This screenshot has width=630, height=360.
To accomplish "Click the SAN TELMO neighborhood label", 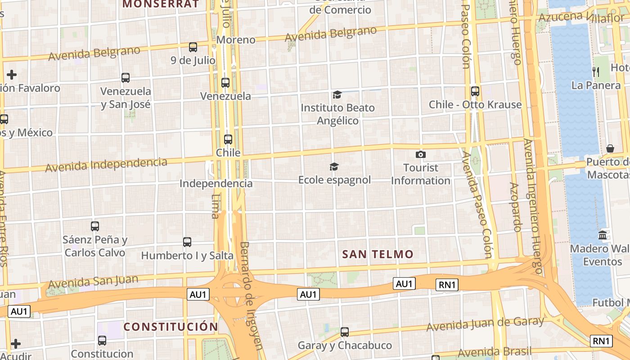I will pyautogui.click(x=378, y=254).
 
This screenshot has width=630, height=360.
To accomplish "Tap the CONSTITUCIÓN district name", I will pyautogui.click(x=171, y=327).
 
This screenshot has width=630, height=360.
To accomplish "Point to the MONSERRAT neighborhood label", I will pyautogui.click(x=161, y=4).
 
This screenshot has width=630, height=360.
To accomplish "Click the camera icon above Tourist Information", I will pyautogui.click(x=421, y=154).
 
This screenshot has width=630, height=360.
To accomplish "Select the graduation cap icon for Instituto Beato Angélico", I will pyautogui.click(x=337, y=94).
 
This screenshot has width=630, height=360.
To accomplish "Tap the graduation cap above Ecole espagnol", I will pyautogui.click(x=334, y=167).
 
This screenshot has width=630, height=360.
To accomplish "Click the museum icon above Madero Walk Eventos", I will pyautogui.click(x=603, y=235).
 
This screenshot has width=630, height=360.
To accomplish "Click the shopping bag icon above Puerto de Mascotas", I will pyautogui.click(x=610, y=148).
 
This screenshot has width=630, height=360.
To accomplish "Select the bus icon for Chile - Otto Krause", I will pyautogui.click(x=475, y=91).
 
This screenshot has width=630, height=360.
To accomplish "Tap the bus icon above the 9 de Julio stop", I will pyautogui.click(x=193, y=47).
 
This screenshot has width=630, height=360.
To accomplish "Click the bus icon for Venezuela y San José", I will pyautogui.click(x=126, y=78).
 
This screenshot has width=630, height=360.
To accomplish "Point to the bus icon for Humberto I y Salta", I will pyautogui.click(x=187, y=242).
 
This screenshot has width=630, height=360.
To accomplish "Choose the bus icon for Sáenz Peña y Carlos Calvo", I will pyautogui.click(x=95, y=226).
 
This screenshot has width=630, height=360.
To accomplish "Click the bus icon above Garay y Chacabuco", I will pyautogui.click(x=345, y=332).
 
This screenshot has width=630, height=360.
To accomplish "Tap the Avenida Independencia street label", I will pyautogui.click(x=106, y=165).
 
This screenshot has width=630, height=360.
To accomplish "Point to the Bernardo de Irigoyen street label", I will pyautogui.click(x=251, y=295).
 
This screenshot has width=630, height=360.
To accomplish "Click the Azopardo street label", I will pyautogui.click(x=515, y=207).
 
